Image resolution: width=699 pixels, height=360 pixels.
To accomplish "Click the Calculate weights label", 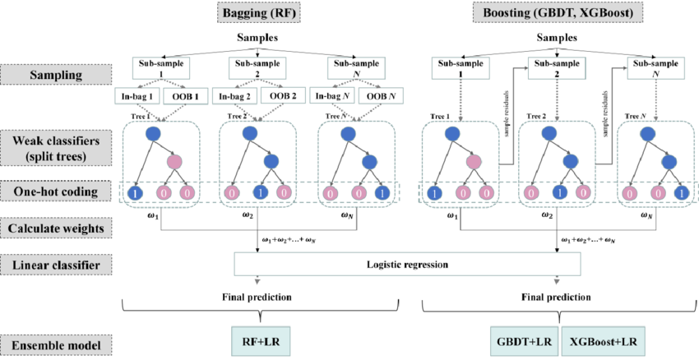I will (x=55, y=229).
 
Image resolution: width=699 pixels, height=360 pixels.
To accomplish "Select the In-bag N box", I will (x=335, y=95).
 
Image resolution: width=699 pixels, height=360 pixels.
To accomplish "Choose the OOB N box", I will (x=380, y=95).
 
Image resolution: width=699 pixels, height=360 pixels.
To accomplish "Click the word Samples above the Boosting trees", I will (x=558, y=39).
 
